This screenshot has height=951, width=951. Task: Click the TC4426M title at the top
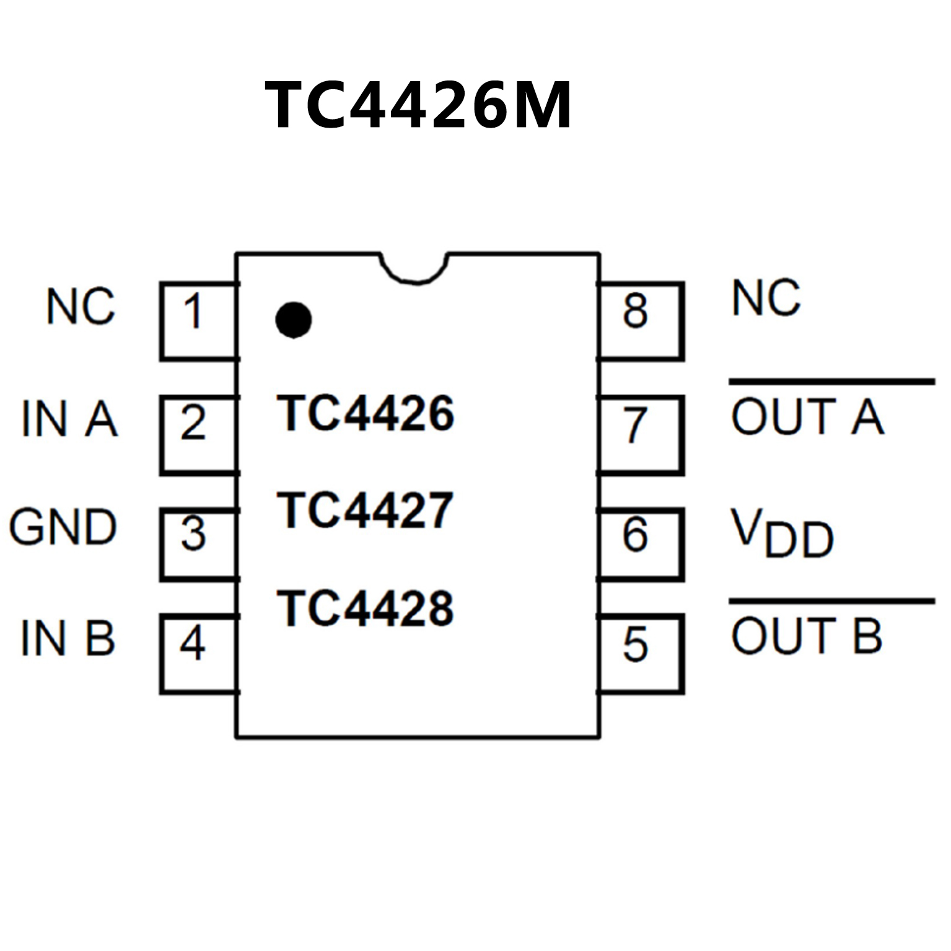(x=418, y=105)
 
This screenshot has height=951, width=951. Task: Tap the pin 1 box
(x=197, y=320)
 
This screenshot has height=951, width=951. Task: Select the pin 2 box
(x=197, y=435)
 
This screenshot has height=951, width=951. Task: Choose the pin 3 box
(x=197, y=543)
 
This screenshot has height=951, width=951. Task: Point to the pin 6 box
(x=641, y=543)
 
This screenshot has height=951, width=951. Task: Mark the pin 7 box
(x=641, y=435)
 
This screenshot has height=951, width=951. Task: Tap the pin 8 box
(x=641, y=320)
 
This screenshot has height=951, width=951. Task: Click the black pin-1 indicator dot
(x=293, y=320)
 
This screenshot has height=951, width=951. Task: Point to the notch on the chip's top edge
(x=414, y=268)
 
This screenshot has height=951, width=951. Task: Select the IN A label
(x=69, y=419)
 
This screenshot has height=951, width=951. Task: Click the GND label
(x=63, y=528)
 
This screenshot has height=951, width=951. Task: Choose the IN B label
(x=68, y=638)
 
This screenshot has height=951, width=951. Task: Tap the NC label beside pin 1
(x=81, y=306)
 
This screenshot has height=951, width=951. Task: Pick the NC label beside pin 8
(x=766, y=298)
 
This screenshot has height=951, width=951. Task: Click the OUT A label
(x=807, y=416)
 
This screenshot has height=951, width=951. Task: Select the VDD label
(x=782, y=533)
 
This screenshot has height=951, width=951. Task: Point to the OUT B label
(x=807, y=636)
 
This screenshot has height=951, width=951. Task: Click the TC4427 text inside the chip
(x=366, y=511)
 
